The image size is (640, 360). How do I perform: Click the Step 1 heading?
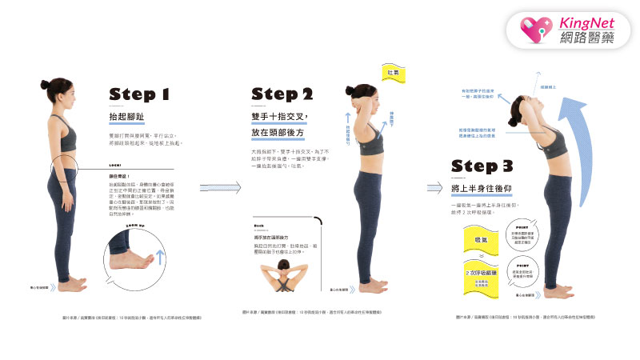pyautogui.click(x=139, y=94)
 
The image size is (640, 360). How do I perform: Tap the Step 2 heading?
pyautogui.click(x=282, y=94)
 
